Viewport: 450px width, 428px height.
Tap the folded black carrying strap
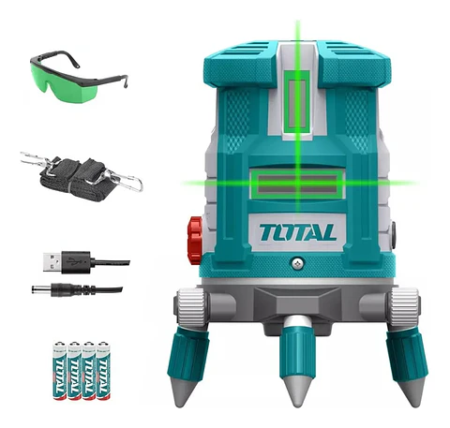coord(78,179)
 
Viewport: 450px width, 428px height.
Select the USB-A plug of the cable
coord(52,262)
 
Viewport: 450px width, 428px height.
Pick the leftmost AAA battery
coord(59,371)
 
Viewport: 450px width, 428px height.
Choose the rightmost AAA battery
coord(103,371)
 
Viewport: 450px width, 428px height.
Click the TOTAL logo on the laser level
coord(297,233)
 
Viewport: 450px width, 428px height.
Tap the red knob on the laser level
coord(195,241)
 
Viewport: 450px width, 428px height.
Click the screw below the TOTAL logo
coord(297,263)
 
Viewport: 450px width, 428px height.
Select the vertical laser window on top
coord(297,104)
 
